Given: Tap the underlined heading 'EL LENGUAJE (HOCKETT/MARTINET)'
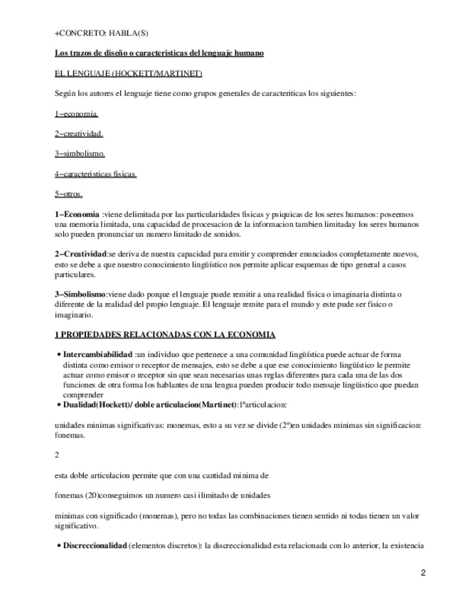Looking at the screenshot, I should pos(129,73).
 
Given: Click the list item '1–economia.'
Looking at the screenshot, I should pos(76,113).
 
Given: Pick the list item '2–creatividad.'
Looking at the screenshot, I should pos(79,133).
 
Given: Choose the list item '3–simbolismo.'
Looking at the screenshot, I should pos(80,153).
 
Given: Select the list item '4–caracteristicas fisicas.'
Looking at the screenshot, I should pos(96,173).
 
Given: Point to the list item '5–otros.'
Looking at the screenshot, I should pos(69,193).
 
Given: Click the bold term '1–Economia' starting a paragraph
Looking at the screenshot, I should pos(78,214).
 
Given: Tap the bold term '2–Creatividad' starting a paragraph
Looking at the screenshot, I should pos(80,253).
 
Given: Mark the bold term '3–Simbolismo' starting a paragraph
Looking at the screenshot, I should pos(80,294).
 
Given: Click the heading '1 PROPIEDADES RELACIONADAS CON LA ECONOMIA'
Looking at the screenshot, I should pos(166,334).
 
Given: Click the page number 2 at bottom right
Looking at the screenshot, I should pos(422,573).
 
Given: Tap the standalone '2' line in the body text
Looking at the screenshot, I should pos(58,454).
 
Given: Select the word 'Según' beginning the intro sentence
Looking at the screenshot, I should pos(65,93).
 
